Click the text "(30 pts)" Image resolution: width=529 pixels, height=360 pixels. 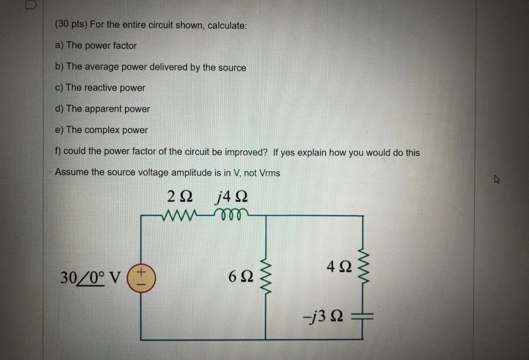click(x=71, y=25)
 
